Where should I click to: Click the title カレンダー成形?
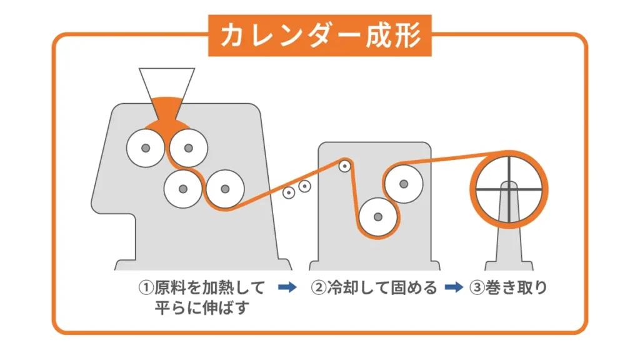[319, 36]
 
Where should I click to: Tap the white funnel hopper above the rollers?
[166, 81]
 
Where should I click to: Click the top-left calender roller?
[145, 148]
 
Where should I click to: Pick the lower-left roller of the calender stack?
[182, 189]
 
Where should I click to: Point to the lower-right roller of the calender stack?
[224, 189]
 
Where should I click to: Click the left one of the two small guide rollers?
[289, 192]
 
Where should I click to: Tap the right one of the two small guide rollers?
[304, 186]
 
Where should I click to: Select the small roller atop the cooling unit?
[344, 166]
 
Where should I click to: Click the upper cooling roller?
[404, 183]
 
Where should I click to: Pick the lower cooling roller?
[378, 217]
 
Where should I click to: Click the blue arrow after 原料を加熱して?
[287, 287]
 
